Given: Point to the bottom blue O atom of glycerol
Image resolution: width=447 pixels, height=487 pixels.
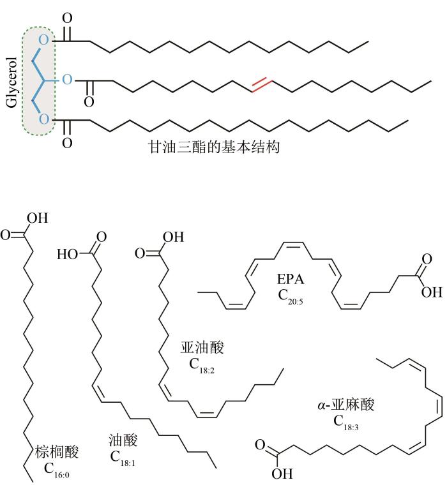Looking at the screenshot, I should (43, 119).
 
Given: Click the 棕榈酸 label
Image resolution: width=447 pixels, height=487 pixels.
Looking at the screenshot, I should (57, 453).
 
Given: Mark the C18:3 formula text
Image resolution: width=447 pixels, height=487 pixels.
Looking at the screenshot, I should (349, 421).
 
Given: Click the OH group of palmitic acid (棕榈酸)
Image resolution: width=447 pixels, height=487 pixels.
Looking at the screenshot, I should (37, 219).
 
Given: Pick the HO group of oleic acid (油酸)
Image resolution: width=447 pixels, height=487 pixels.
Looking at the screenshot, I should (68, 254).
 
